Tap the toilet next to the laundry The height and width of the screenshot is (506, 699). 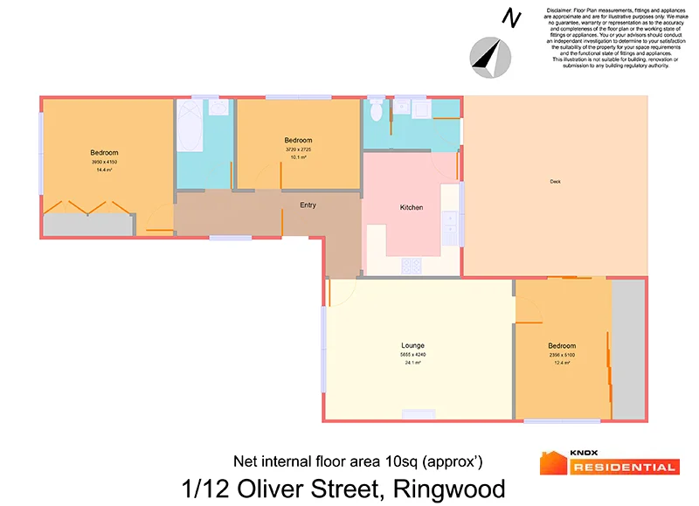(x=376, y=111)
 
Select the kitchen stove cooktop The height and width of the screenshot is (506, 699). (x=411, y=265)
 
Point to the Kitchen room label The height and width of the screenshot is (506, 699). (x=411, y=207)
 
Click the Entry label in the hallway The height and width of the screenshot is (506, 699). (x=308, y=205)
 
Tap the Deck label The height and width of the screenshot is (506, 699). (x=555, y=182)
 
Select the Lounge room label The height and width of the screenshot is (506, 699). (x=413, y=345)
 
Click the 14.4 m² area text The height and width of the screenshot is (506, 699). (x=104, y=170)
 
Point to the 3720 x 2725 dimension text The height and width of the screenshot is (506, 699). (x=298, y=149)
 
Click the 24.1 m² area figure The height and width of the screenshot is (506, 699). (x=413, y=362)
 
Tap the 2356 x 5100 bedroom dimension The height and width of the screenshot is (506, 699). (x=561, y=355)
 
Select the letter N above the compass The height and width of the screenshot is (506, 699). (x=509, y=17)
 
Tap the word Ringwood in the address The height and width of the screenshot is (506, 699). (x=449, y=487)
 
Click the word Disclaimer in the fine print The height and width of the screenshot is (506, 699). (x=562, y=10)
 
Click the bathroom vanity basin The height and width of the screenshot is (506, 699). (x=218, y=107)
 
